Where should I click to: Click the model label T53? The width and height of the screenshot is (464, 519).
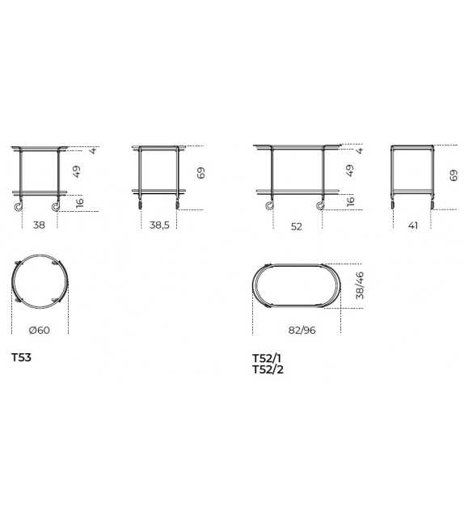(x=22, y=357)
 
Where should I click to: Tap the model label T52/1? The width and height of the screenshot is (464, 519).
(x=267, y=358)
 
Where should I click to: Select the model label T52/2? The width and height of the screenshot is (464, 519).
(x=268, y=369)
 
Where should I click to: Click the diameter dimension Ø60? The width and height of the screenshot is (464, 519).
(x=39, y=330)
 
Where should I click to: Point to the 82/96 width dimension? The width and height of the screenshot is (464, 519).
(x=302, y=330)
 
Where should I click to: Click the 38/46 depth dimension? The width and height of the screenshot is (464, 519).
(x=360, y=285)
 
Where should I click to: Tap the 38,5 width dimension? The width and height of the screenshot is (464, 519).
(x=159, y=225)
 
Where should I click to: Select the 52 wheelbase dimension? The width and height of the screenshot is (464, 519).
(x=296, y=226)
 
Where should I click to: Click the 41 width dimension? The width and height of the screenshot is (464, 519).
(x=413, y=226)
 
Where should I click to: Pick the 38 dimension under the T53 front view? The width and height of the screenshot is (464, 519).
(x=39, y=225)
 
